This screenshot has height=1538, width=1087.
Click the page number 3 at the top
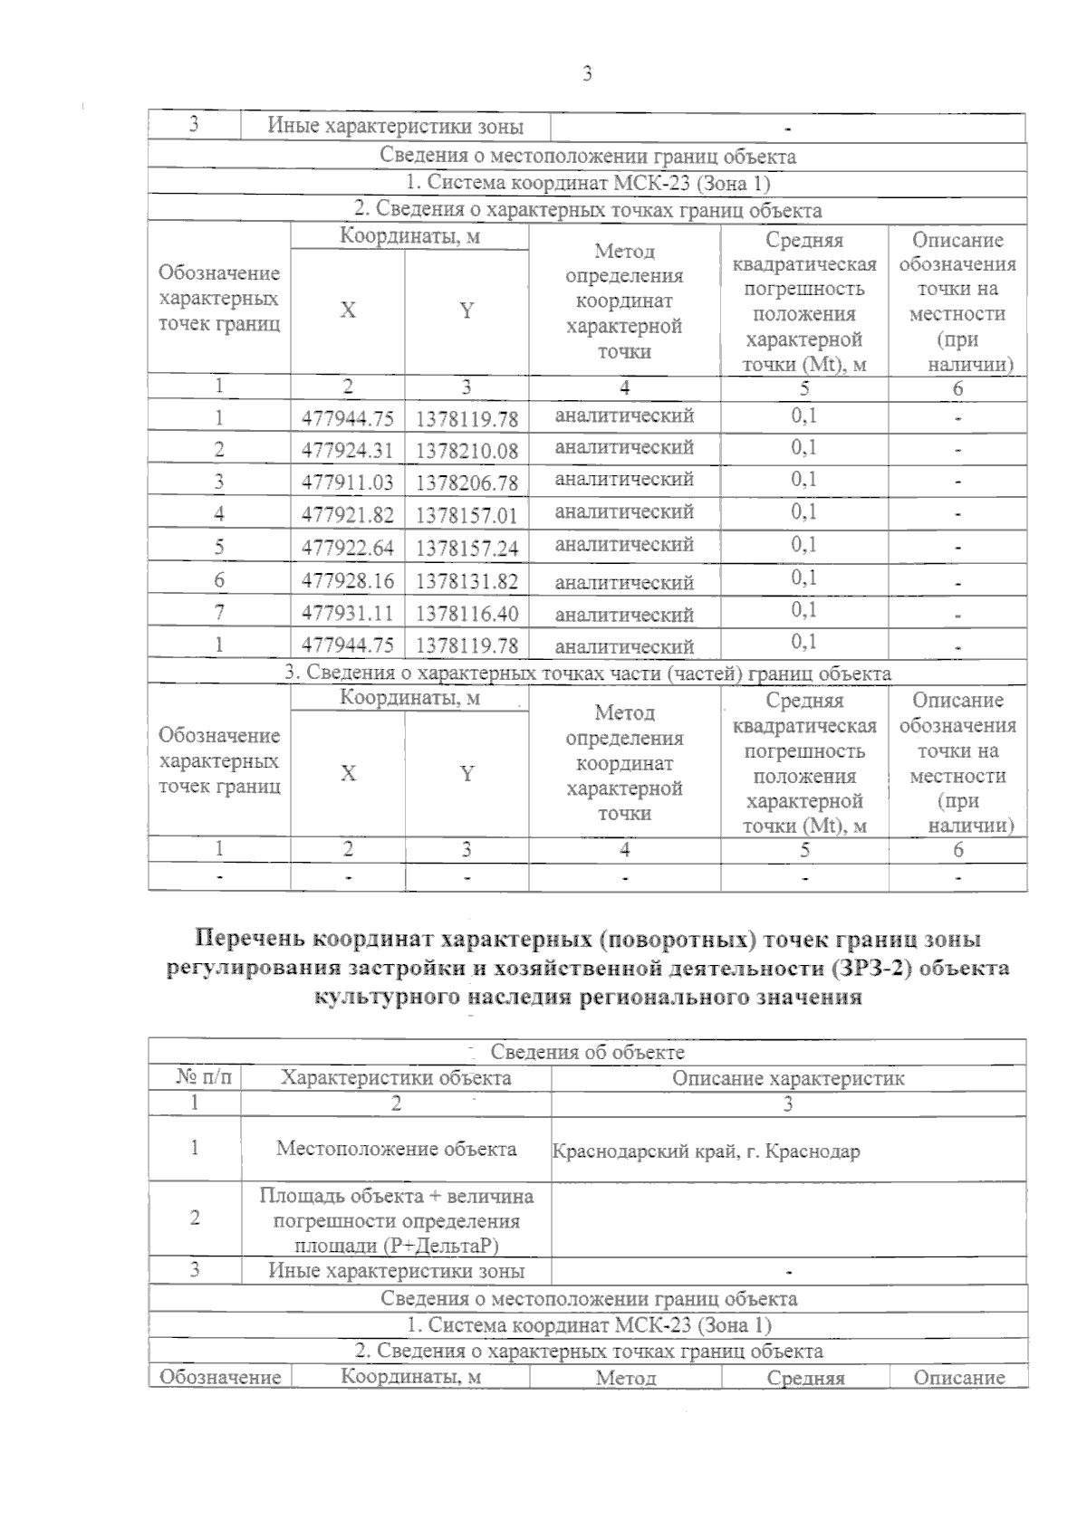[587, 74]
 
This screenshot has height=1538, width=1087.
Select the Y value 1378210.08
[467, 450]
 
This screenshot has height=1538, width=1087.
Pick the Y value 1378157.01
[467, 515]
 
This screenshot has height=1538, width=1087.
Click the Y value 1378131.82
[467, 580]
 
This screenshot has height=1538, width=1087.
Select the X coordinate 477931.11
[348, 613]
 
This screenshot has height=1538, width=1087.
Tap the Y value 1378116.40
[467, 613]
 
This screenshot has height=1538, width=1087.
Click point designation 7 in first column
[219, 613]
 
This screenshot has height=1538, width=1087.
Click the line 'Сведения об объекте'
[587, 1052]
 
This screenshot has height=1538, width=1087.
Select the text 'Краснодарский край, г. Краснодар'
[707, 1151]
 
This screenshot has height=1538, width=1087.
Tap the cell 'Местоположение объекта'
[396, 1149]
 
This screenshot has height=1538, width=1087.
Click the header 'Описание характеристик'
[788, 1078]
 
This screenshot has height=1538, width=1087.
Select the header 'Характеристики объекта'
[396, 1078]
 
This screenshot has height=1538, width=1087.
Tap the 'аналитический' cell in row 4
[624, 512]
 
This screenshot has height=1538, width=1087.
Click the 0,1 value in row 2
[803, 447]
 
